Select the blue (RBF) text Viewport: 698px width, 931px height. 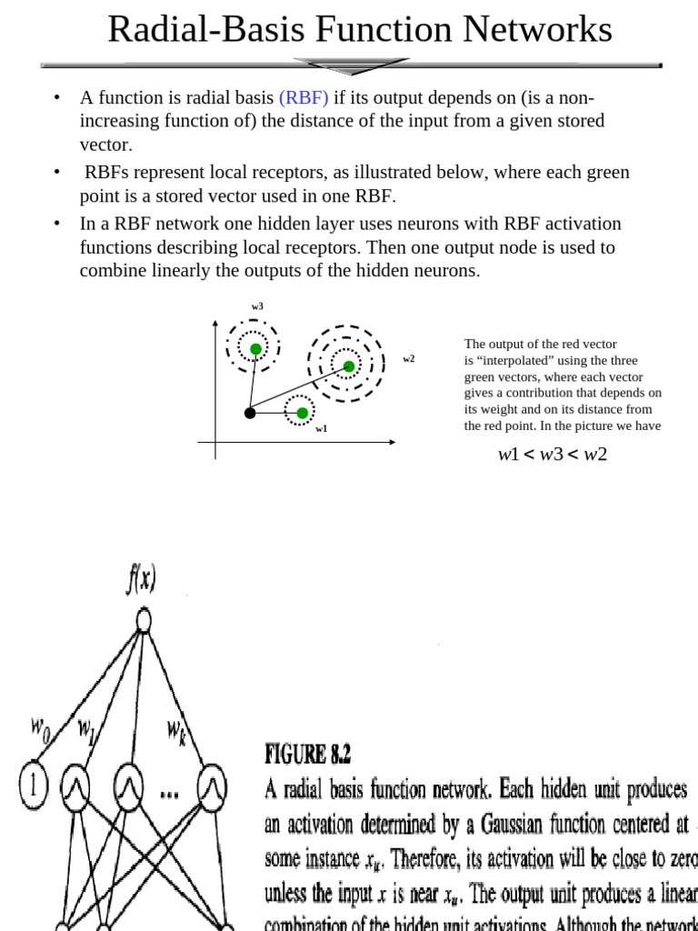304,98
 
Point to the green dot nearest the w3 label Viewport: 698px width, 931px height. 255,349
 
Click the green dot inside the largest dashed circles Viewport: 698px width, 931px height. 349,366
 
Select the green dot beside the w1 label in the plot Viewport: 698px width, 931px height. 302,414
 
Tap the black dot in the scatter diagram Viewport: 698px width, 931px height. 250,414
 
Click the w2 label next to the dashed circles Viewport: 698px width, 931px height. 409,359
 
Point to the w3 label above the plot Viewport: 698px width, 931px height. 257,307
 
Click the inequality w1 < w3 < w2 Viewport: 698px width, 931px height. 552,455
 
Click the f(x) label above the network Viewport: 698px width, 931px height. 141,578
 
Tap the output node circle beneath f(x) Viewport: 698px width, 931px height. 143,621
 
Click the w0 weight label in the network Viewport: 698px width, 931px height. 40,727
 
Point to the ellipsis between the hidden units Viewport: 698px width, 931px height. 169,792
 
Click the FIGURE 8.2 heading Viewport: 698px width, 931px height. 308,754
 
